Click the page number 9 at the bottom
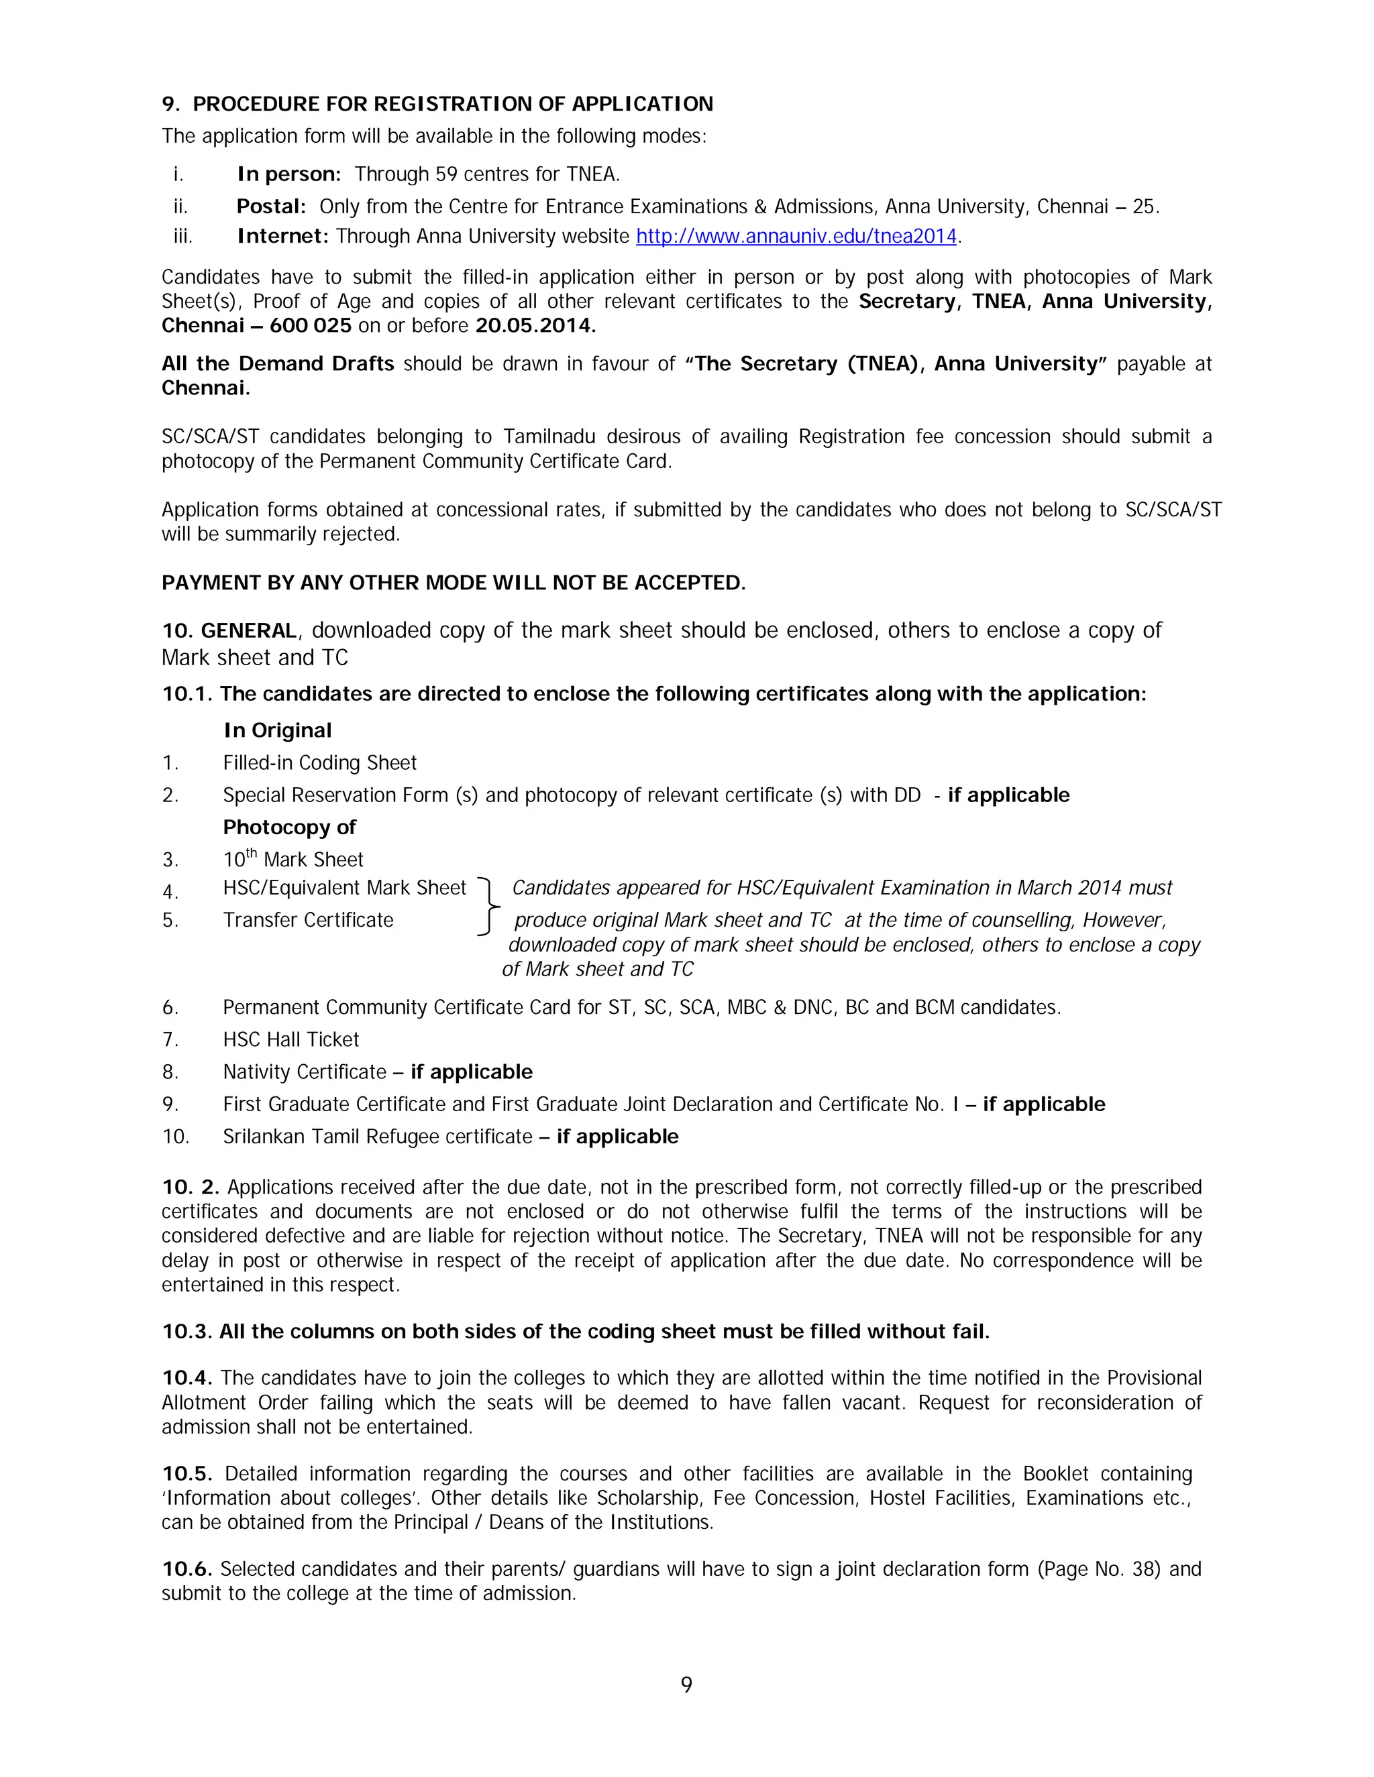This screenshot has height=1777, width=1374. (686, 1684)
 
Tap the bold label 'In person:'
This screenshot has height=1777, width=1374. (288, 174)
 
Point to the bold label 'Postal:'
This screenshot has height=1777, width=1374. (270, 207)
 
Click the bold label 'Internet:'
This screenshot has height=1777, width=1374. (282, 237)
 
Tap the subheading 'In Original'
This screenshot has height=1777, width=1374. (278, 731)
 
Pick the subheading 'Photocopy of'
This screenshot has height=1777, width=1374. (289, 827)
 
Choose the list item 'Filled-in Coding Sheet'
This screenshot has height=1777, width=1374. (319, 763)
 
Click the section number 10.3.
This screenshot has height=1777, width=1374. (187, 1332)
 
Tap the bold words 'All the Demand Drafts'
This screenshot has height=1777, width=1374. (278, 363)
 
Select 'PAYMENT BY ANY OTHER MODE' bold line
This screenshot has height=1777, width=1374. (453, 583)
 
